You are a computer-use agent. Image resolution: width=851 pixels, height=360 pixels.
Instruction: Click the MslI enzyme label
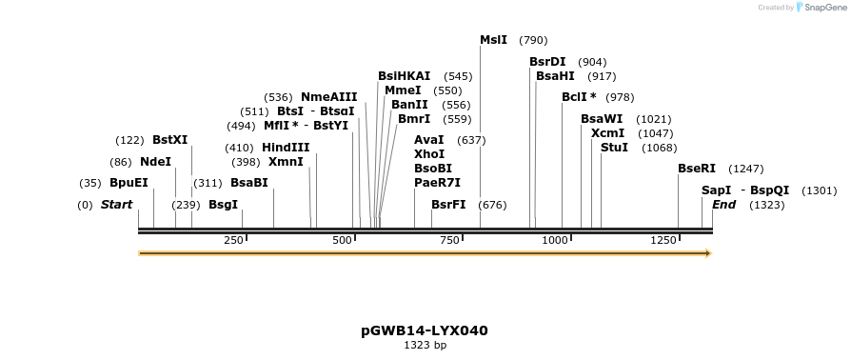click(x=493, y=40)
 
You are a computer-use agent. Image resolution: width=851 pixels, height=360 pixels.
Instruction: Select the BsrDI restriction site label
click(x=547, y=62)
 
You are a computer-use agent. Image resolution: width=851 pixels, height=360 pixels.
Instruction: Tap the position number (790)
click(x=533, y=40)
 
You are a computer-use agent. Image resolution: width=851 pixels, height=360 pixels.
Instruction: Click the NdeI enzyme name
click(x=155, y=162)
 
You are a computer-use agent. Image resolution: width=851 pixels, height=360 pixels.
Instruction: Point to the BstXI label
click(x=170, y=140)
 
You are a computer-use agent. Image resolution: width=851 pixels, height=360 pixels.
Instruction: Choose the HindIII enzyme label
click(x=286, y=148)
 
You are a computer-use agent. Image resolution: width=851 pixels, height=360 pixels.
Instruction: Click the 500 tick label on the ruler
click(x=343, y=240)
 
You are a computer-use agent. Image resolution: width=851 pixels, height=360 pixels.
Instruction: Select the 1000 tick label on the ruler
click(x=555, y=240)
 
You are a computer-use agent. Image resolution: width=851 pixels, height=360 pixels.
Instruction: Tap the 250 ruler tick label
click(x=234, y=240)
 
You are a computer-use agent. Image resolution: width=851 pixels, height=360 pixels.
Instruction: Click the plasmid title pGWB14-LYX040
click(x=425, y=330)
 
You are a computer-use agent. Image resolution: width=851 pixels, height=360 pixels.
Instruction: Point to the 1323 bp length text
click(x=425, y=346)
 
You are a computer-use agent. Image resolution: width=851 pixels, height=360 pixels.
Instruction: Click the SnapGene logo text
click(x=824, y=8)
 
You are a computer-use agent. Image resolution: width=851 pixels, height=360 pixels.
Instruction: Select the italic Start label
click(x=116, y=205)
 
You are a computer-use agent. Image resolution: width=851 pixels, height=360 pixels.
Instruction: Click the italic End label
click(x=723, y=205)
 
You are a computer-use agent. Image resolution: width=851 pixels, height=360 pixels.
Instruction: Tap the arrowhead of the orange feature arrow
click(x=707, y=253)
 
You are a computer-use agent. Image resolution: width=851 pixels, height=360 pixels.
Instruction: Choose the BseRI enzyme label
click(x=697, y=169)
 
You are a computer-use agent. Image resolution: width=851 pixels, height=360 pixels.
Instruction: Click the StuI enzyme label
click(x=614, y=148)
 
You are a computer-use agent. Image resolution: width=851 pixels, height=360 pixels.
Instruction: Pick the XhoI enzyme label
click(x=429, y=154)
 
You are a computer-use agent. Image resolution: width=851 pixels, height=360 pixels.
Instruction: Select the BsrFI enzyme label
click(x=448, y=205)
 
